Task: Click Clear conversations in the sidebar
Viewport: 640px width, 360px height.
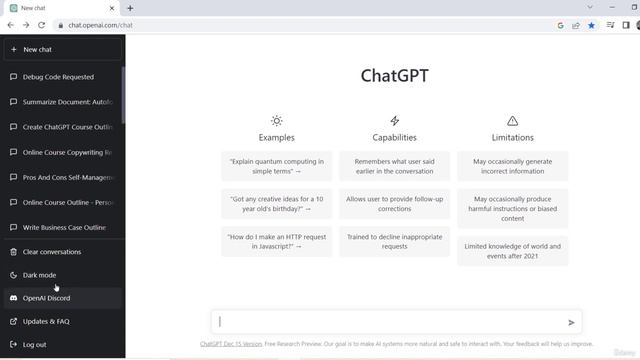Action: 52,252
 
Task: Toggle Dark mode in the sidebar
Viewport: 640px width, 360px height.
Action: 40,275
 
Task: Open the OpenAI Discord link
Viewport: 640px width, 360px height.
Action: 46,298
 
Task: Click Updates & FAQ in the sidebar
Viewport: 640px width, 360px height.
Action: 46,321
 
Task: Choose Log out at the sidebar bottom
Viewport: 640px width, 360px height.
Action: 34,344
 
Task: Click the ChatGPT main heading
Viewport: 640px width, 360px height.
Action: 394,75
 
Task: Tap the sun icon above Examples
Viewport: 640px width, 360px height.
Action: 277,121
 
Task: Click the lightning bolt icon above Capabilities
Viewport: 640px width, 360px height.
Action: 395,121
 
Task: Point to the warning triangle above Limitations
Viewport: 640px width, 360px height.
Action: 513,121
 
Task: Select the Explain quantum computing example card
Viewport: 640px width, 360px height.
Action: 276,166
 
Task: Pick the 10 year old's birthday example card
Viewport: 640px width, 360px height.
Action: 276,204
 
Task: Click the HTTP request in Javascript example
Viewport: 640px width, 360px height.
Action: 276,242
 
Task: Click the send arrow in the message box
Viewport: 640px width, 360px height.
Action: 571,322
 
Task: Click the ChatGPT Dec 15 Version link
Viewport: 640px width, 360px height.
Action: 231,344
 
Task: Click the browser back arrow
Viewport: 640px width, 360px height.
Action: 11,25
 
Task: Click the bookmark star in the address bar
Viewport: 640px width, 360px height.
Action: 591,25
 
